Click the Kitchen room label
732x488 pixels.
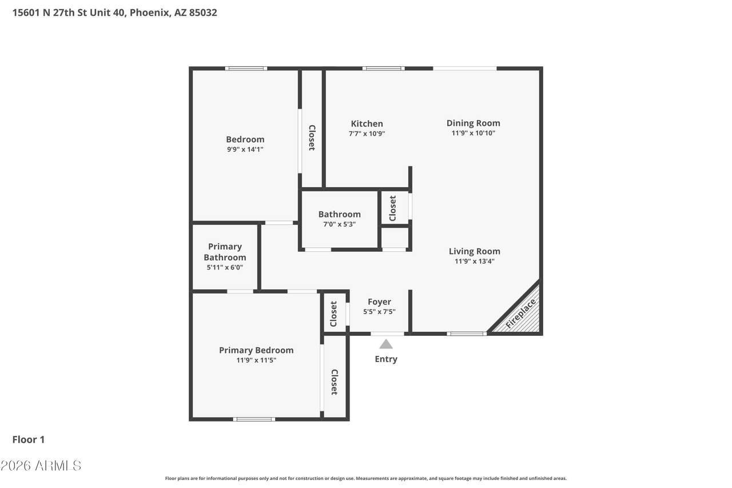(367, 124)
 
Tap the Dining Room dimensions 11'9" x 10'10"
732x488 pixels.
(473, 133)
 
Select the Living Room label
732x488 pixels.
(474, 251)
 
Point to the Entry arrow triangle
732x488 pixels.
(386, 344)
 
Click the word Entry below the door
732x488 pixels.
(386, 359)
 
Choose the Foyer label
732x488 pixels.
(379, 302)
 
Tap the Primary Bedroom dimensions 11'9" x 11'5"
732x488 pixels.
(256, 360)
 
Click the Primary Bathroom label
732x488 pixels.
(225, 252)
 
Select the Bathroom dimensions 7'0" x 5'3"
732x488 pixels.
(339, 224)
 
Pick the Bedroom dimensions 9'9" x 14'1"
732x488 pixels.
(245, 149)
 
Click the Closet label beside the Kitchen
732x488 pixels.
(312, 138)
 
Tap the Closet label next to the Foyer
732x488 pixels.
(333, 314)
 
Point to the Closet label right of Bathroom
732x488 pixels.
(392, 208)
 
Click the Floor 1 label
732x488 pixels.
(29, 439)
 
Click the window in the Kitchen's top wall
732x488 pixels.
(383, 69)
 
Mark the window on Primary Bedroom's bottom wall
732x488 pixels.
(254, 419)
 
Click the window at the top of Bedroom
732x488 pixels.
(246, 69)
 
